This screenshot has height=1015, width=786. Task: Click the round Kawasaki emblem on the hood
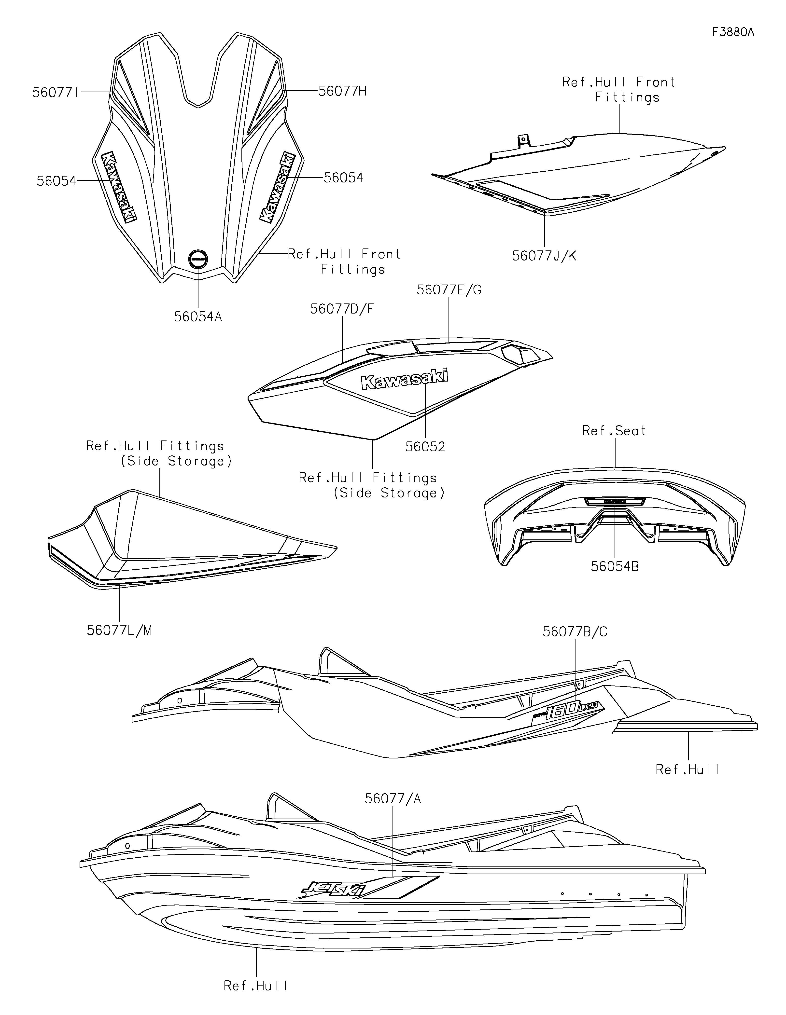[198, 258]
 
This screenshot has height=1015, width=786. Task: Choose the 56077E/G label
[449, 290]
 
